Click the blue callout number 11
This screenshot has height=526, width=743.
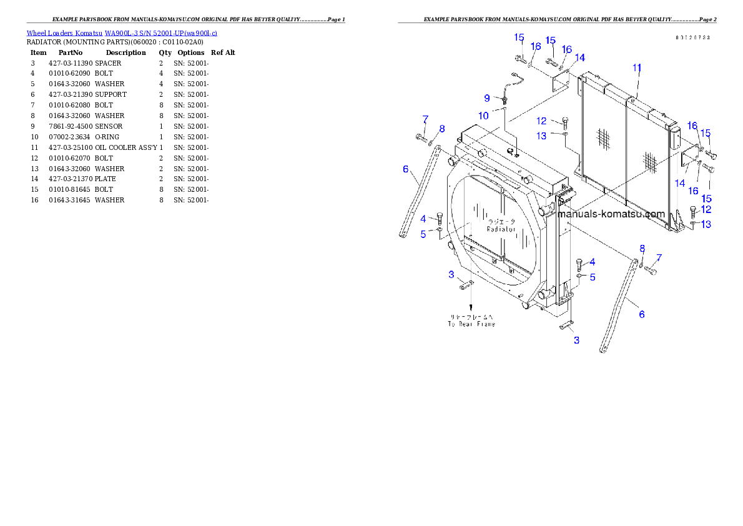(637, 67)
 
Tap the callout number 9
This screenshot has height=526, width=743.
(487, 98)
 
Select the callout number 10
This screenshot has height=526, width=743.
(484, 116)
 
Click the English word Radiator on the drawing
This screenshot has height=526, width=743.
(502, 229)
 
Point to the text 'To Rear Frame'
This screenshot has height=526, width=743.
(471, 324)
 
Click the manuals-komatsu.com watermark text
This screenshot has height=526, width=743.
(611, 214)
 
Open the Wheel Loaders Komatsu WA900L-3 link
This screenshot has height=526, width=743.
(122, 33)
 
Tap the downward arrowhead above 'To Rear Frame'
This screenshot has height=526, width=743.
(471, 309)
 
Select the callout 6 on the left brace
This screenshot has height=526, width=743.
(406, 169)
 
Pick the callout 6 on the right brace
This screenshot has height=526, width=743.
(641, 315)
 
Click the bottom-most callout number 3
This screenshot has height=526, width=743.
(576, 340)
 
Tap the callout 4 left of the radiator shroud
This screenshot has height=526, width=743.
(423, 219)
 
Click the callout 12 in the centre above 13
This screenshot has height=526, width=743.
(541, 121)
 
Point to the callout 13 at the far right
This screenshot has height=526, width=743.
(706, 225)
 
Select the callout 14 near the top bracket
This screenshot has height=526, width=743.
(580, 58)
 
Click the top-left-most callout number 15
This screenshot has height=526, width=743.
(519, 37)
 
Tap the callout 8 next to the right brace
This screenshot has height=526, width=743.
(641, 249)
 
